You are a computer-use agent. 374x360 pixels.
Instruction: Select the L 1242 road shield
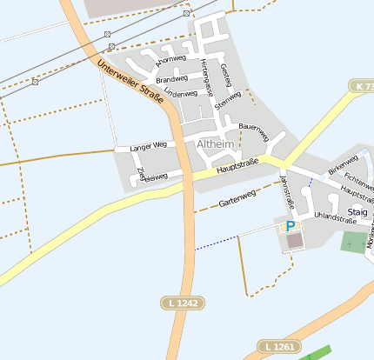click(x=181, y=302)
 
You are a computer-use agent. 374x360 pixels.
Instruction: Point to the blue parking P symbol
click(x=290, y=226)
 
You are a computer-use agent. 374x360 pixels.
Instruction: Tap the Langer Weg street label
click(x=147, y=146)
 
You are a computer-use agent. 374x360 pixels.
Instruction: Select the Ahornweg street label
click(x=170, y=61)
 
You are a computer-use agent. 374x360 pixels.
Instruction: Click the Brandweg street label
click(x=171, y=78)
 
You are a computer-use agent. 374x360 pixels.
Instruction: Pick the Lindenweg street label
click(x=181, y=93)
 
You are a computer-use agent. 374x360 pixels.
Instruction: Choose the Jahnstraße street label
click(x=288, y=190)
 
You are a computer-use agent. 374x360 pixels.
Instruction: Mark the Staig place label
click(x=357, y=211)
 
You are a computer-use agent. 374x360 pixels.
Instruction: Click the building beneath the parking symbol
click(x=294, y=240)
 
